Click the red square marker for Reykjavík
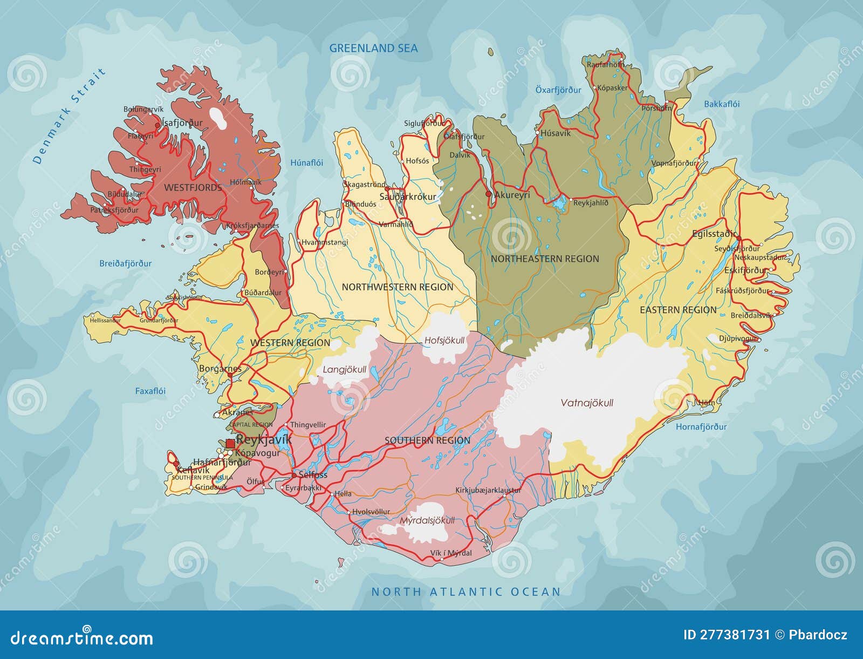coord(230,443)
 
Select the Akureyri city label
coord(512,195)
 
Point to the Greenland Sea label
coord(373,48)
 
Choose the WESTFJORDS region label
coord(193,188)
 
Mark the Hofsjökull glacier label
coord(444,341)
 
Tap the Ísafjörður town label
coord(182,123)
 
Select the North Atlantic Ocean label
coord(466,592)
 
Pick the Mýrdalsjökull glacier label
coord(427,520)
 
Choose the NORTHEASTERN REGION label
coord(545,259)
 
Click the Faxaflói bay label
coord(150,391)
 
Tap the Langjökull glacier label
coord(344,370)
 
